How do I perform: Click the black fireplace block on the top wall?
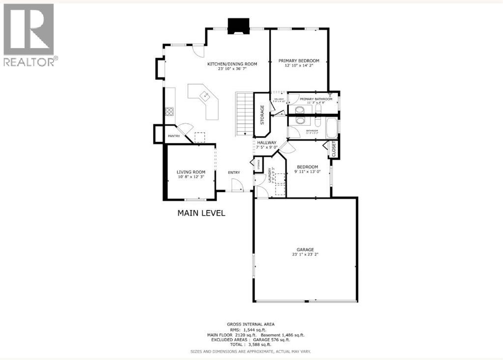click(x=238, y=26)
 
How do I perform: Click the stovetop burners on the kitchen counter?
click(x=169, y=111)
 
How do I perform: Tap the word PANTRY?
click(x=173, y=136)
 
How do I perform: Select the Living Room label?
click(x=190, y=172)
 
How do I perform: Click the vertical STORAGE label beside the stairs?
click(x=262, y=114)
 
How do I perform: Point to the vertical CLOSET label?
click(x=334, y=149)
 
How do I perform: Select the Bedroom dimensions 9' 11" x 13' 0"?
click(x=307, y=171)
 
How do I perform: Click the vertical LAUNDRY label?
click(x=270, y=175)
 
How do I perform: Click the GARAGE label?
click(x=305, y=249)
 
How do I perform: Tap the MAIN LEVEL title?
click(x=201, y=213)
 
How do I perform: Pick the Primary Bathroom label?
click(x=316, y=99)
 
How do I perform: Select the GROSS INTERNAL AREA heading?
click(x=251, y=325)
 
